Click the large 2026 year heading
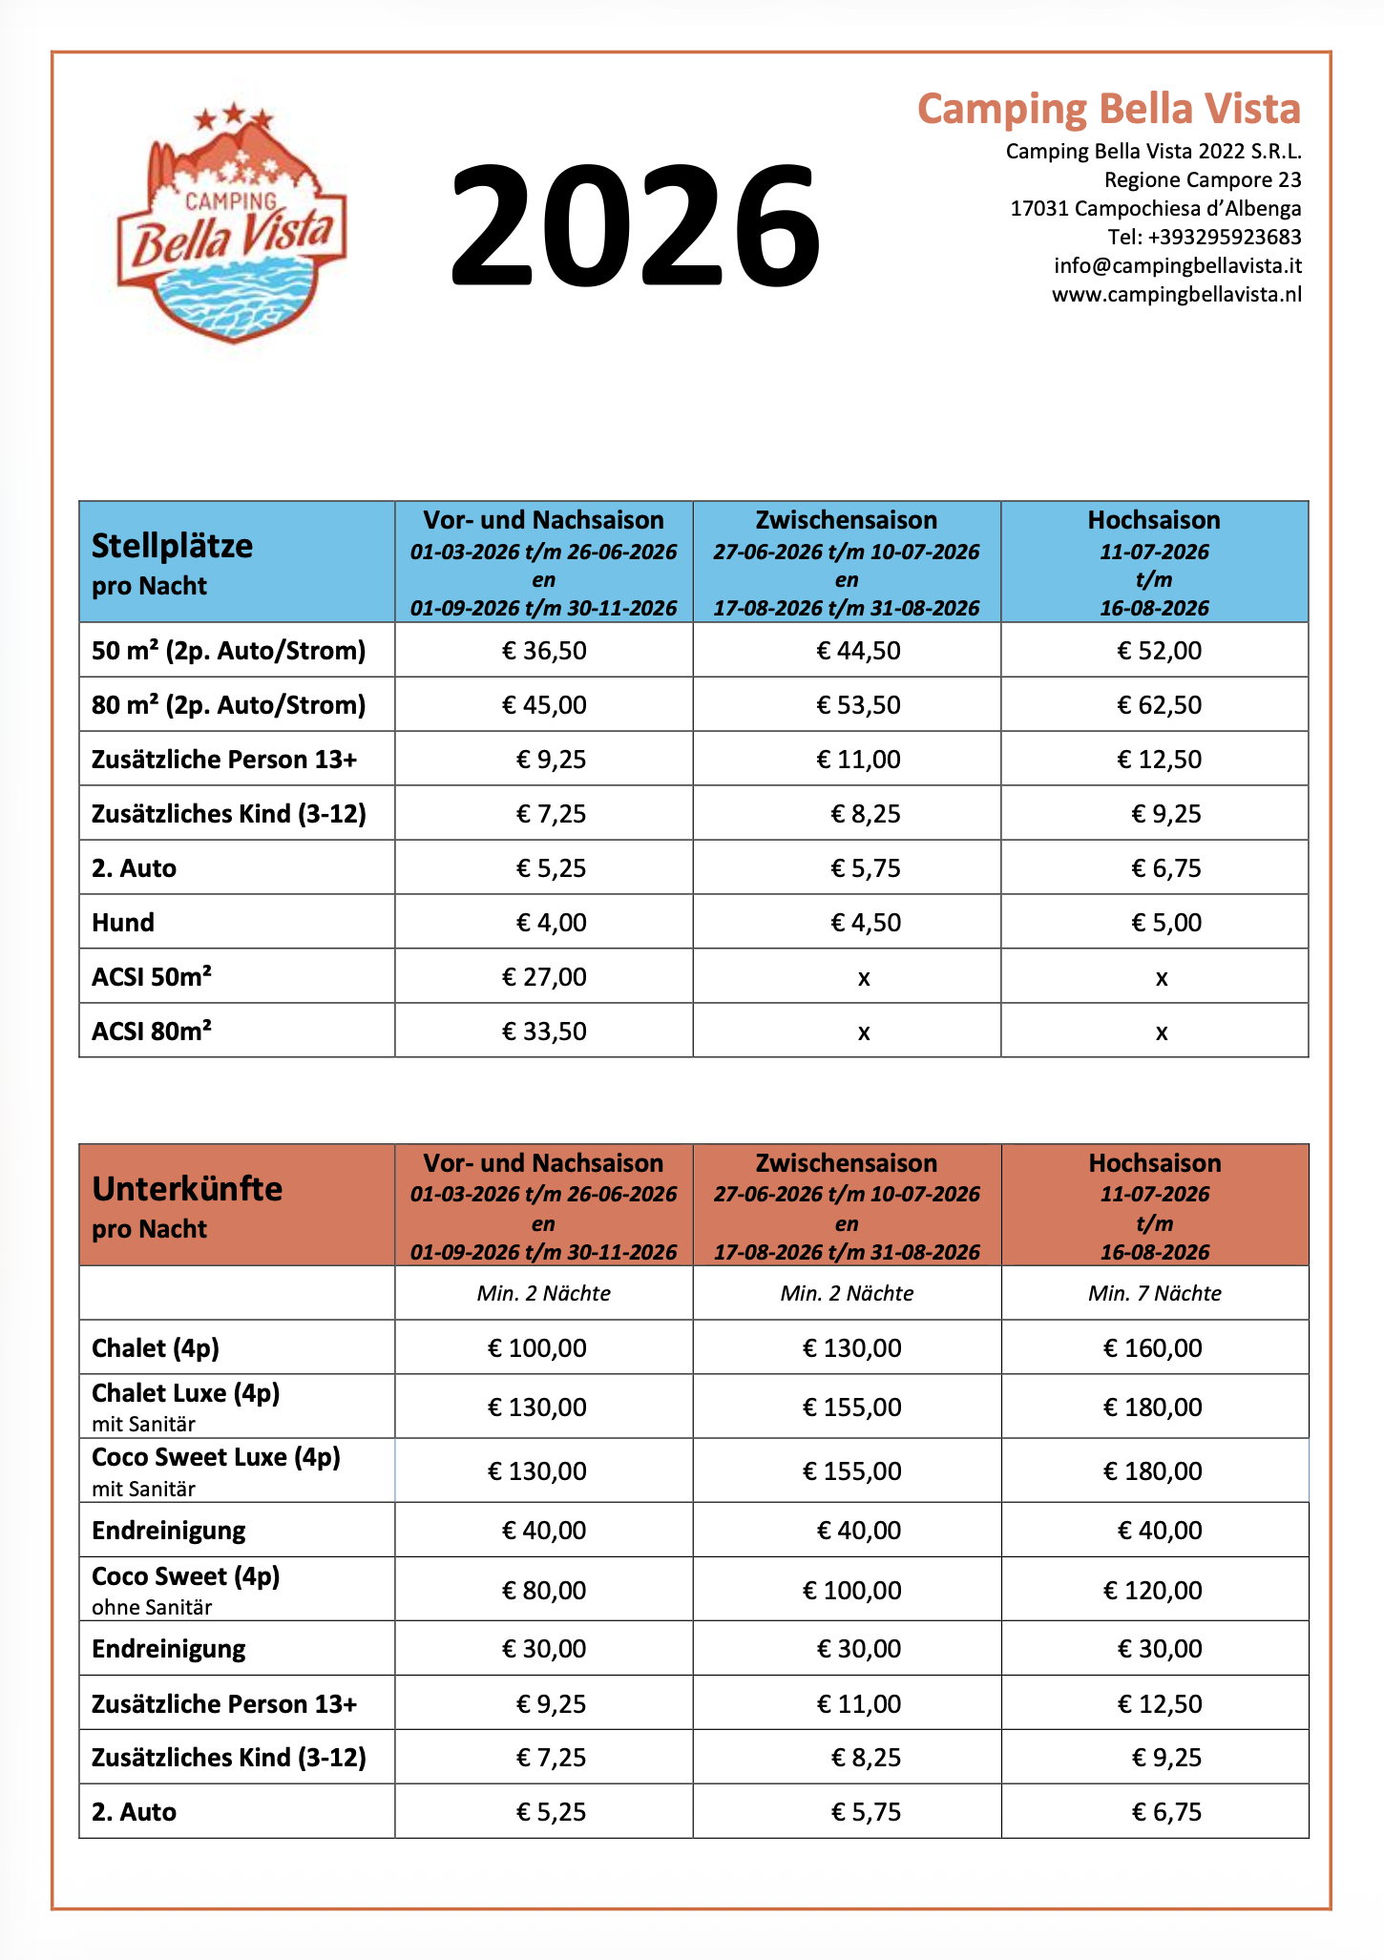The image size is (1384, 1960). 635,226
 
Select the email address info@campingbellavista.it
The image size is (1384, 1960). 1177,265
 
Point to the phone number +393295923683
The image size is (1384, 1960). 1205,237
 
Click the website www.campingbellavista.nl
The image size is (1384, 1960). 1176,294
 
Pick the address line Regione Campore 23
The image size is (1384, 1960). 1203,179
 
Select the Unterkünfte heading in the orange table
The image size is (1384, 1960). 187,1189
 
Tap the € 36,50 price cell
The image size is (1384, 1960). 544,651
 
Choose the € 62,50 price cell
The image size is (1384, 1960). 1159,705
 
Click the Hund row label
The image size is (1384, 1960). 123,923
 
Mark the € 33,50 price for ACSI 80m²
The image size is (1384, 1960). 544,1032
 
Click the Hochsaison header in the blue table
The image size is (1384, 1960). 1154,520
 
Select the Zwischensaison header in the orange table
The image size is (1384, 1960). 847,1163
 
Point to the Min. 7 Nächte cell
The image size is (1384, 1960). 1154,1293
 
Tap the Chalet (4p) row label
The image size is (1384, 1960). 156,1348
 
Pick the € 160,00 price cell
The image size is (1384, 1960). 1152,1348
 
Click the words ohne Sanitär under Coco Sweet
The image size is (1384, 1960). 152,1607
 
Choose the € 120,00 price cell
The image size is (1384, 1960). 1152,1591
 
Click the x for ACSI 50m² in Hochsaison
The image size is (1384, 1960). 1161,978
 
